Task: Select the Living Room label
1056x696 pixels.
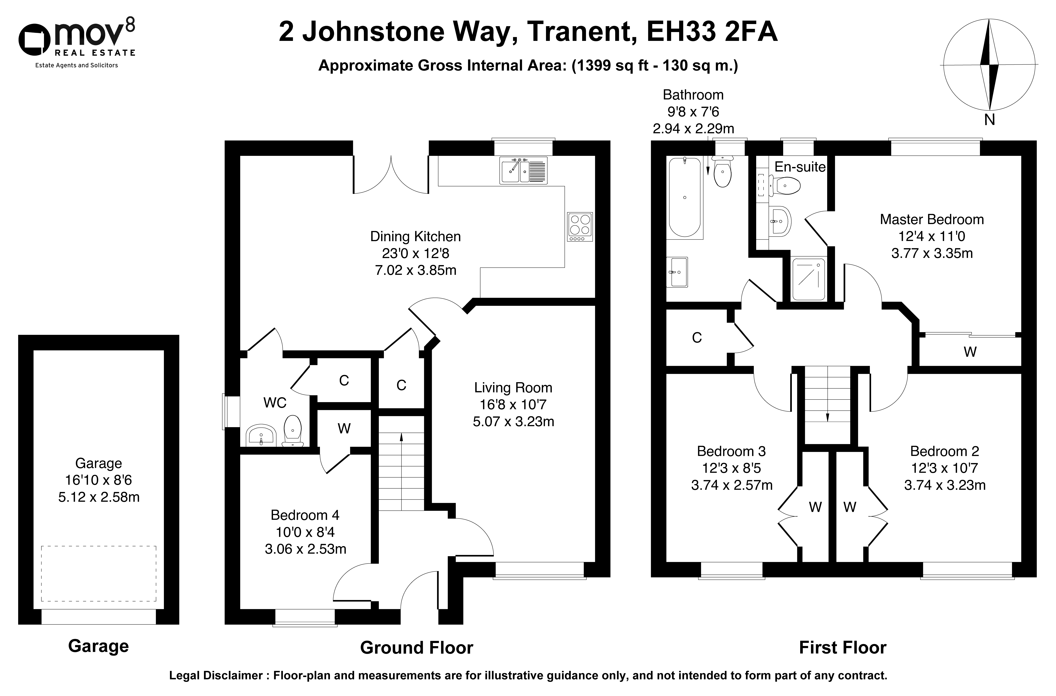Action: click(x=513, y=388)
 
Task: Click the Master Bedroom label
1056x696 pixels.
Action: click(x=932, y=219)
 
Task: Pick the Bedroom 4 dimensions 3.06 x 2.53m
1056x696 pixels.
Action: click(x=305, y=549)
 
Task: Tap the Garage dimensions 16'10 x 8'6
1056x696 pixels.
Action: click(x=98, y=480)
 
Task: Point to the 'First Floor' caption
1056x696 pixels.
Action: click(x=843, y=648)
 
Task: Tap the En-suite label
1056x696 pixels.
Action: click(x=800, y=167)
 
